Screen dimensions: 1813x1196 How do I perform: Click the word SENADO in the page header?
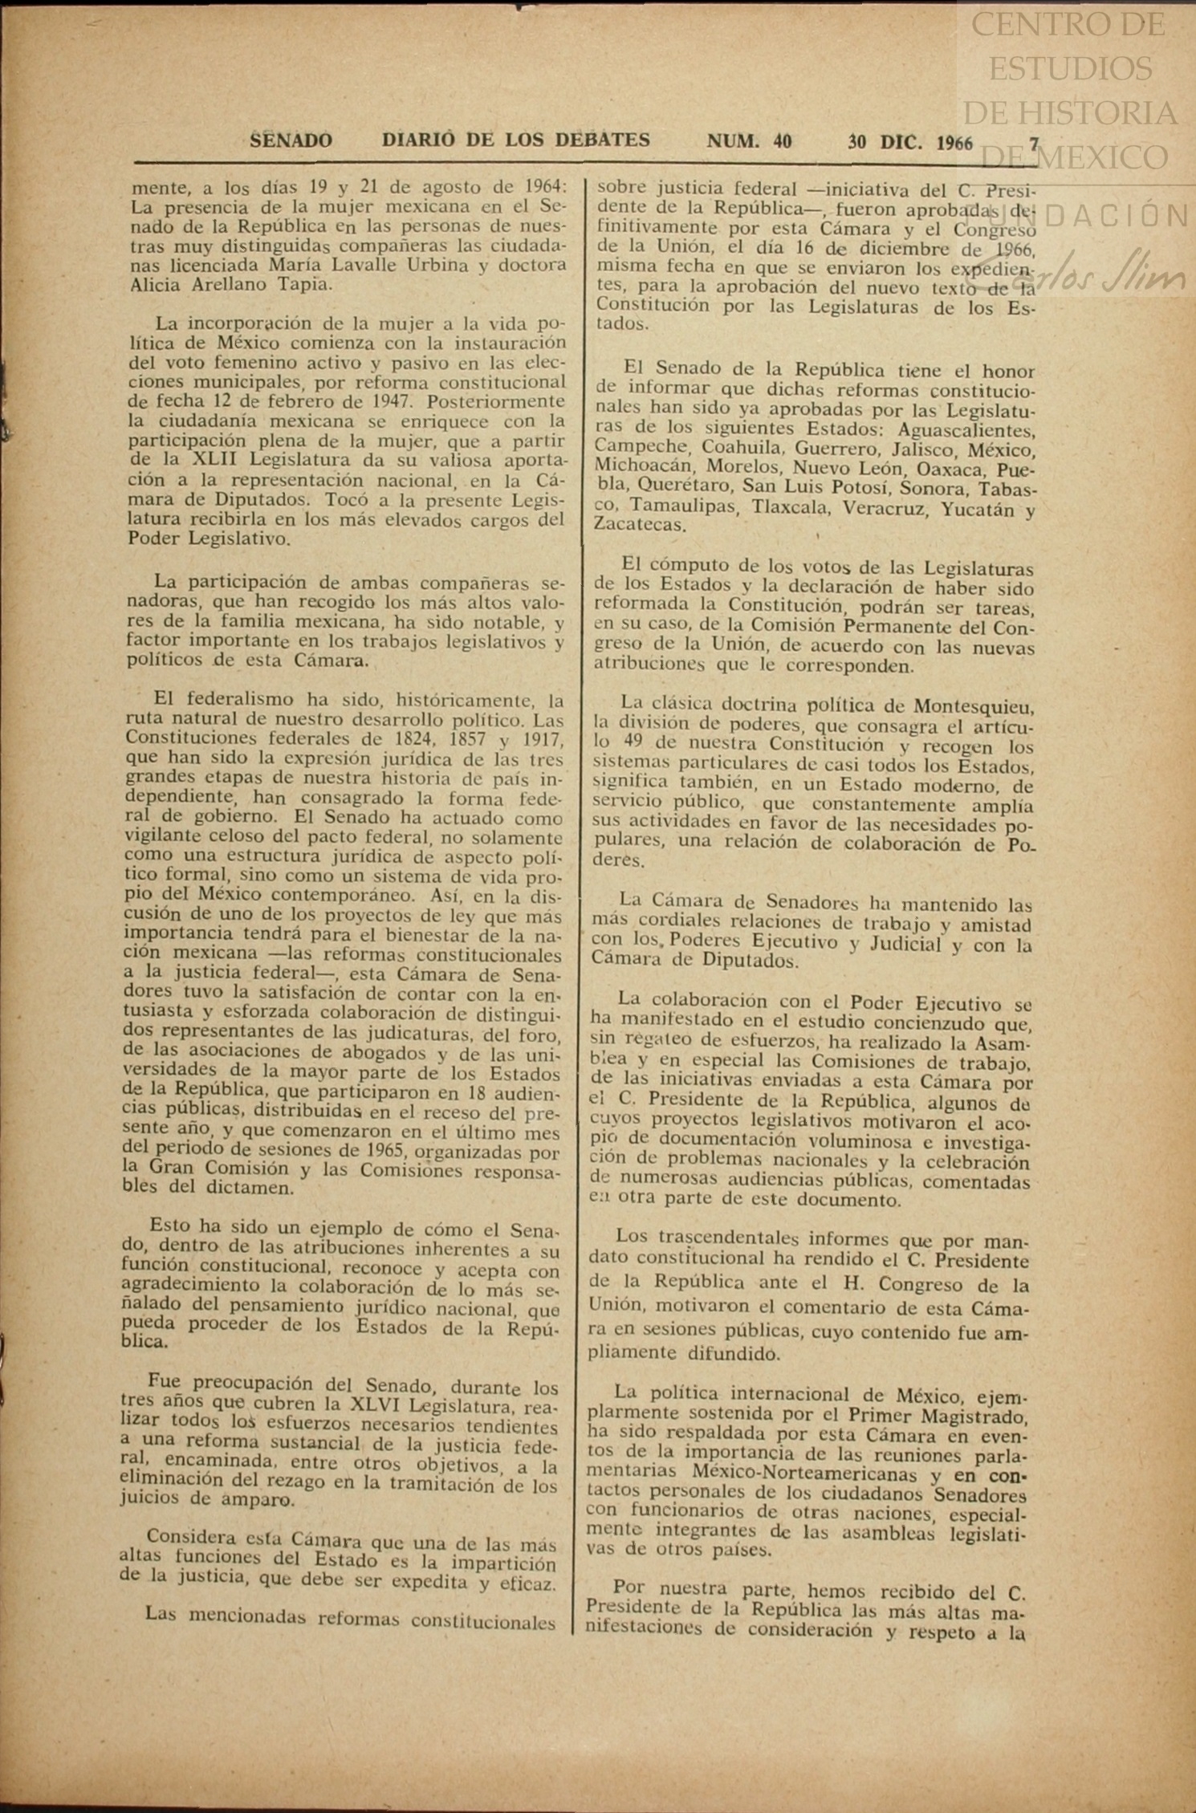[291, 141]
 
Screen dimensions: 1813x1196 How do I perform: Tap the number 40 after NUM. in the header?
[783, 142]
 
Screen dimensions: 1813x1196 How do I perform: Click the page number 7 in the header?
[1035, 144]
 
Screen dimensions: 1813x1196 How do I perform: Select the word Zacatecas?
[640, 526]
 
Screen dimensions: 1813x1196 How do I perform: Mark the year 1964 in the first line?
[539, 188]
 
